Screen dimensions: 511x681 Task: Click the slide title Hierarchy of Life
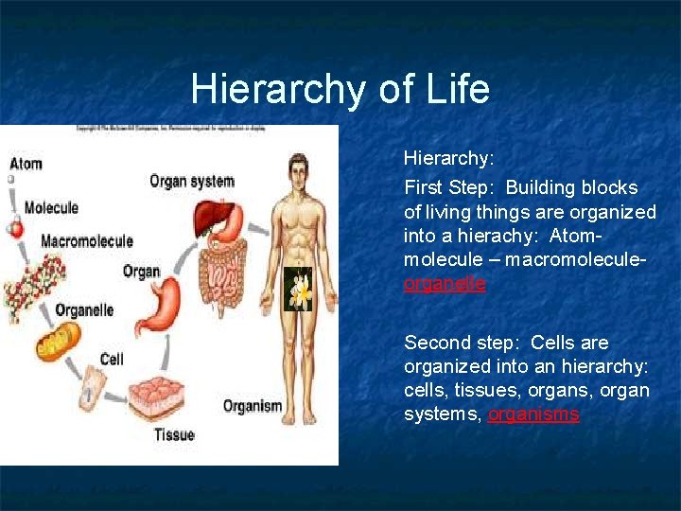[340, 90]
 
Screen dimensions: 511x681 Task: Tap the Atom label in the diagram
[26, 163]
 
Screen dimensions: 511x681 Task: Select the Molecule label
[51, 207]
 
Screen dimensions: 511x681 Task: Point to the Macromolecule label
[87, 241]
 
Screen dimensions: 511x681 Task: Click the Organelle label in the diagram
[84, 309]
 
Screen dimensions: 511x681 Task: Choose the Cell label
[112, 359]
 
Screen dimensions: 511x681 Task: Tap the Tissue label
[174, 434]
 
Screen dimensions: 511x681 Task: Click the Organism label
[253, 406]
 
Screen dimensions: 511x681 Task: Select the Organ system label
[192, 181]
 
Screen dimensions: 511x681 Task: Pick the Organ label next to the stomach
[141, 272]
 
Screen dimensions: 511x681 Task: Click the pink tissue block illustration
[161, 396]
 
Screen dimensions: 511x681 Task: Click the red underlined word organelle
[445, 283]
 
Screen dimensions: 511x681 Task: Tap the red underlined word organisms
[533, 414]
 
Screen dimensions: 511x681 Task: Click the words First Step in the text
[444, 187]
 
